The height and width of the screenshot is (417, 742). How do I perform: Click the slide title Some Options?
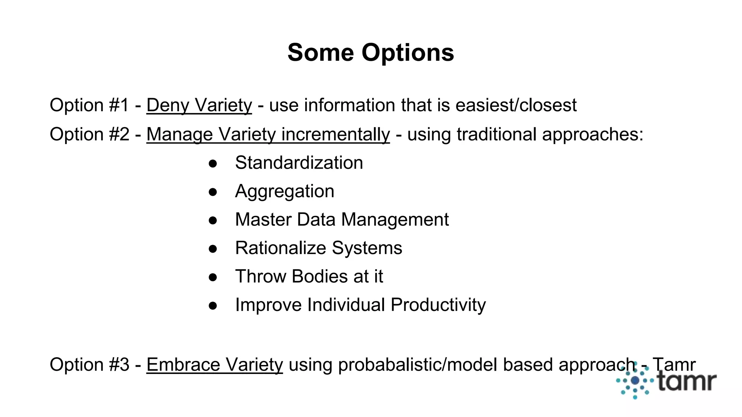[371, 53]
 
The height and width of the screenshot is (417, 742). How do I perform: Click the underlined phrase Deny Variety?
[199, 105]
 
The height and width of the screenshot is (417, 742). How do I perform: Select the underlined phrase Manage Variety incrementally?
[268, 135]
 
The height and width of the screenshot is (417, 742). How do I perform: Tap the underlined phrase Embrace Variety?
[214, 365]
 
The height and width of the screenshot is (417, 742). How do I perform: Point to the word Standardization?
[299, 163]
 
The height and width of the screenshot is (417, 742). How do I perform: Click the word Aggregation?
[284, 191]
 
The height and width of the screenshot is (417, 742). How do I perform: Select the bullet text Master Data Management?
[342, 220]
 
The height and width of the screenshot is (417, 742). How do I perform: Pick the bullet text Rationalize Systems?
[318, 248]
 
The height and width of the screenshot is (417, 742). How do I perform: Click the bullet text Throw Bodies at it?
[309, 277]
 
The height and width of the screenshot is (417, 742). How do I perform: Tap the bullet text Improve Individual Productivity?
[360, 305]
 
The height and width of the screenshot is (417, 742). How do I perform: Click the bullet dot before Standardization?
[213, 163]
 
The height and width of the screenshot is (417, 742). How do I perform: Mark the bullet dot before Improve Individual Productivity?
[213, 306]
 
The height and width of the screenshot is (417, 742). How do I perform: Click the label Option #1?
[89, 105]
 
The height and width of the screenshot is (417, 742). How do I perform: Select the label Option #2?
[89, 135]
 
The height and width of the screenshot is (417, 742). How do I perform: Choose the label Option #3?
[89, 365]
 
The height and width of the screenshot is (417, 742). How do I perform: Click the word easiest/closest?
[516, 105]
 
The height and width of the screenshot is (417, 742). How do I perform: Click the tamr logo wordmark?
[687, 382]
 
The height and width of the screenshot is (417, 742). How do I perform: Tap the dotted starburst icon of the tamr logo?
[635, 381]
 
